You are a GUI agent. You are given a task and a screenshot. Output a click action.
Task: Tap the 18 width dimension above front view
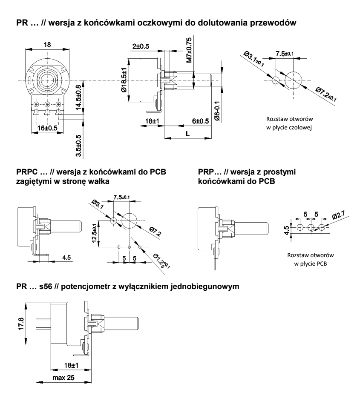point(47,44)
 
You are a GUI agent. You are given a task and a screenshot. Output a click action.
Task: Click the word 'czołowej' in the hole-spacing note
point(300,128)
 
